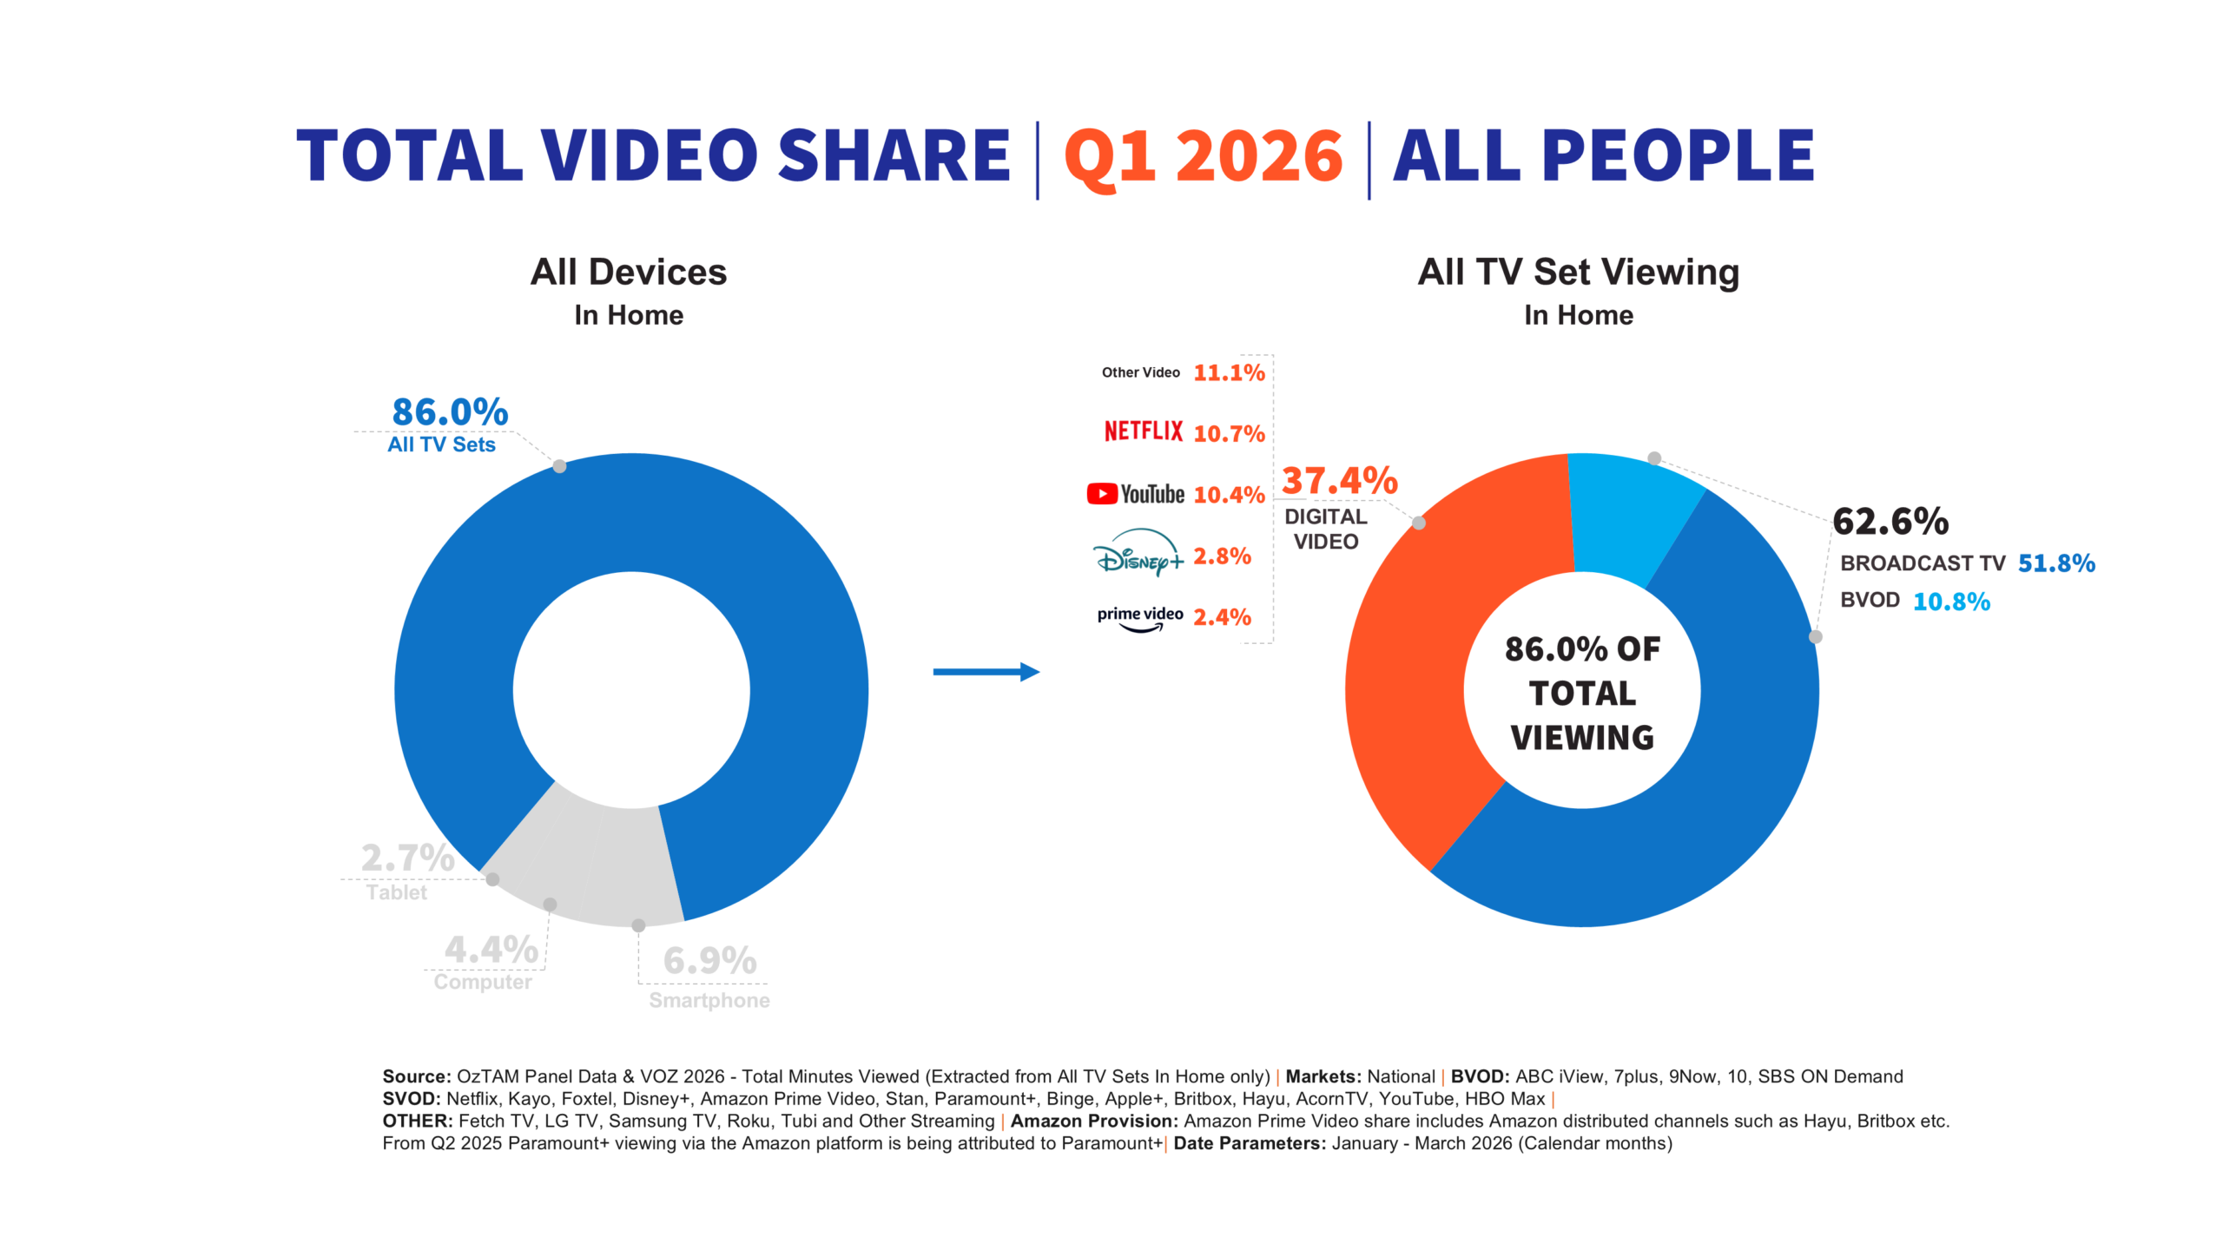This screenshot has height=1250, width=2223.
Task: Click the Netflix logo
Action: tap(1143, 431)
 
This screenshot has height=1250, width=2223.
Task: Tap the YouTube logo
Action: tap(1135, 494)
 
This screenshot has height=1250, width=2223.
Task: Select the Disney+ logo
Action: tap(1138, 554)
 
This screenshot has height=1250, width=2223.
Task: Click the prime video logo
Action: tap(1139, 617)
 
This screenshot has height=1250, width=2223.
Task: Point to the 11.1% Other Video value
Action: tap(1228, 372)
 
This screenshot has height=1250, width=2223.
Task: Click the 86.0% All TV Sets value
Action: tap(450, 412)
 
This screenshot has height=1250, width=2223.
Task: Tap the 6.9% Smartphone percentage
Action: tap(709, 961)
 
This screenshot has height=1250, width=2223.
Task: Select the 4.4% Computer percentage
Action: tap(491, 950)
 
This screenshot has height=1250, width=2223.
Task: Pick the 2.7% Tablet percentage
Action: tap(407, 859)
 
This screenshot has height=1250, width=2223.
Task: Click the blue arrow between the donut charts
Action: tap(986, 671)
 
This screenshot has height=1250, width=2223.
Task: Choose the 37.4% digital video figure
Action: tap(1339, 481)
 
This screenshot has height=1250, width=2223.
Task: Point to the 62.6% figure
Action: tap(1890, 522)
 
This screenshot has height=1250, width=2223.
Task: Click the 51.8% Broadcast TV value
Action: tap(2055, 563)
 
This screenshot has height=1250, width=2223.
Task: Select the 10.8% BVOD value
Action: tap(1951, 602)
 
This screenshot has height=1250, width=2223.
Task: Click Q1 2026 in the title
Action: tap(1203, 156)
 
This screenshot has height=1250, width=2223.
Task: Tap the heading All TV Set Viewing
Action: tap(1578, 272)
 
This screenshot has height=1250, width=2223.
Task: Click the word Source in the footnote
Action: tap(415, 1076)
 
